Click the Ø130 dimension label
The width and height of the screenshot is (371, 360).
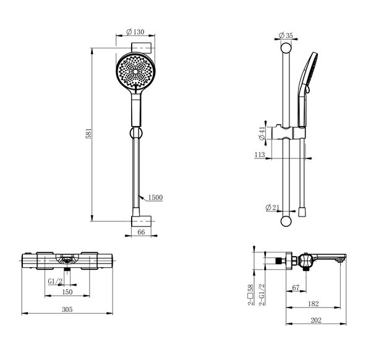pyautogui.click(x=135, y=32)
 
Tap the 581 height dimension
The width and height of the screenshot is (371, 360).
pyautogui.click(x=88, y=134)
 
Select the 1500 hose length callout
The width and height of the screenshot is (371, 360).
pyautogui.click(x=155, y=197)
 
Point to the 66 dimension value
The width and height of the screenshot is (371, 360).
pyautogui.click(x=141, y=232)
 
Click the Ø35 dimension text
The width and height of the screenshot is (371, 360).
pyautogui.click(x=286, y=35)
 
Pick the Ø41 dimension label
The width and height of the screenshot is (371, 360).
pyautogui.click(x=262, y=133)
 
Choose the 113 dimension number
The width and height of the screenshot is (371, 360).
pyautogui.click(x=260, y=155)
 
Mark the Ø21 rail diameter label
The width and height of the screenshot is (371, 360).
pyautogui.click(x=272, y=208)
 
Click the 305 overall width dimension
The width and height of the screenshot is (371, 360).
pyautogui.click(x=67, y=309)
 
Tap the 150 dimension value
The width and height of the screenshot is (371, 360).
pyautogui.click(x=67, y=292)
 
